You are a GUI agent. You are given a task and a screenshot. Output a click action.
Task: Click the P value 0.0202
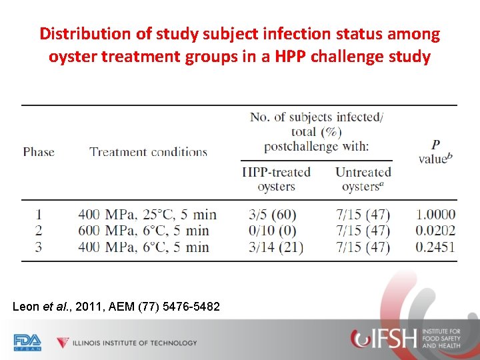tap(435, 231)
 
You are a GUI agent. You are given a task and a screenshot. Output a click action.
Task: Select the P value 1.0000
tap(435, 215)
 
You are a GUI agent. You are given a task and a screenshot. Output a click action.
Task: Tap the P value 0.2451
tap(435, 247)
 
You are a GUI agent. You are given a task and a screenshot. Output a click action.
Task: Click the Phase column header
tap(39, 152)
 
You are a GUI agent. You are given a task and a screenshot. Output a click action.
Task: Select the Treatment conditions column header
tap(148, 152)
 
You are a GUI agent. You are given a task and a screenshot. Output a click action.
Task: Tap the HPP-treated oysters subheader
tap(276, 179)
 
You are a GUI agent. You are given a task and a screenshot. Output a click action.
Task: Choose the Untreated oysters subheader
tap(363, 179)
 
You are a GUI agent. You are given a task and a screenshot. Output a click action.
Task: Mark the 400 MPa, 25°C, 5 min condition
tap(147, 215)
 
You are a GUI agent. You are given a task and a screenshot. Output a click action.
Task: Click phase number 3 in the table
tap(39, 247)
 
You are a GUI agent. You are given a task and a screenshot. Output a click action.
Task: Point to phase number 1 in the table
tap(39, 215)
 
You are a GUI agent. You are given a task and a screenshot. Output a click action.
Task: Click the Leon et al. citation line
tap(117, 307)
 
